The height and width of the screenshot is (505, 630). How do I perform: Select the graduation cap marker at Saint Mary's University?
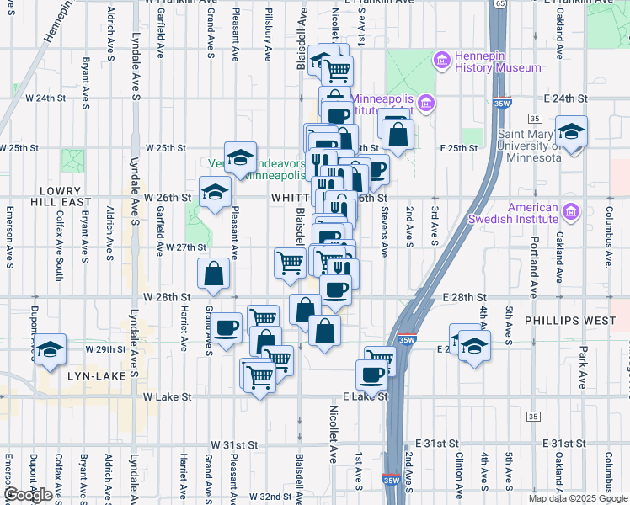click(572, 132)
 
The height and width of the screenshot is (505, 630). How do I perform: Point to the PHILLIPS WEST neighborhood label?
click(563, 321)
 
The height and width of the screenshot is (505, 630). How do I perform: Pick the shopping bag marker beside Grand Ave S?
click(214, 274)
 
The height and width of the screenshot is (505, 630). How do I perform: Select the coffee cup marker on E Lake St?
click(371, 375)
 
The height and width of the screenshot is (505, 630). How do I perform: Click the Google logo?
click(28, 495)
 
